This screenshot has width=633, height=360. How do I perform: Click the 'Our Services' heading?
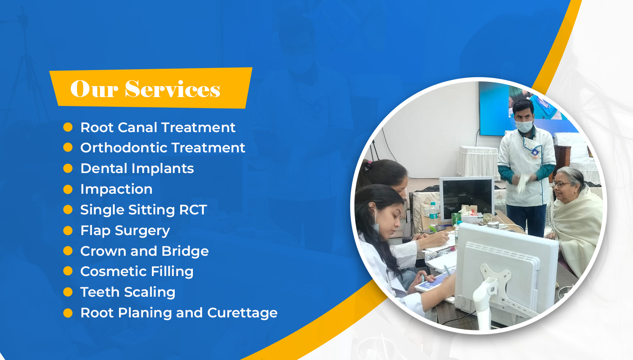(x=145, y=89)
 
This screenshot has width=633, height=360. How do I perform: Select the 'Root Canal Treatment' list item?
(x=158, y=127)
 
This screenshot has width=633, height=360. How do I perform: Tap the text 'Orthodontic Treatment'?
(x=163, y=148)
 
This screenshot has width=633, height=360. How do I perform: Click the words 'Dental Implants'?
(x=137, y=168)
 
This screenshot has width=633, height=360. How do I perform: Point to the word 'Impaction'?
(x=116, y=189)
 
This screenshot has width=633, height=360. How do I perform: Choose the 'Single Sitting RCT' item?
(x=143, y=210)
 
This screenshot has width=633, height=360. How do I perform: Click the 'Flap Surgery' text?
(x=125, y=230)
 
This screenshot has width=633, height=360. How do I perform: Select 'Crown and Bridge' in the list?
(x=144, y=251)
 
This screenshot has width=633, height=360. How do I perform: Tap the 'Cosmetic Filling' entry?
(x=137, y=271)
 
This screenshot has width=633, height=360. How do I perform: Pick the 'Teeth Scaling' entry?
(x=128, y=292)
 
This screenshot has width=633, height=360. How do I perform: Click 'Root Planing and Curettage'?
(x=179, y=313)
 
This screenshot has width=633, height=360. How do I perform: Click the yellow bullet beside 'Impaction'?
(x=68, y=189)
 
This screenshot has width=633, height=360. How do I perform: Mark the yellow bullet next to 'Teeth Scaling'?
(x=68, y=292)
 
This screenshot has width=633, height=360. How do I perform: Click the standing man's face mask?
(x=524, y=126)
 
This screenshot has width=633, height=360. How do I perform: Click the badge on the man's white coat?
(x=535, y=152)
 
